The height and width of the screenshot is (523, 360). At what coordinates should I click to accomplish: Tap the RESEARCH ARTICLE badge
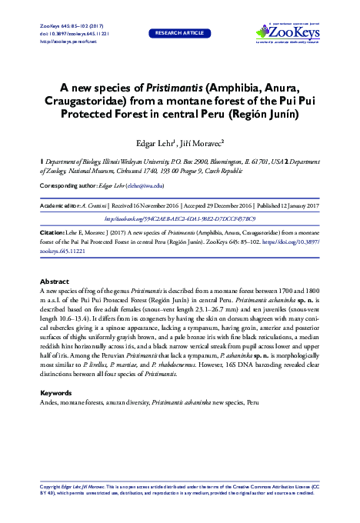(x=179, y=33)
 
